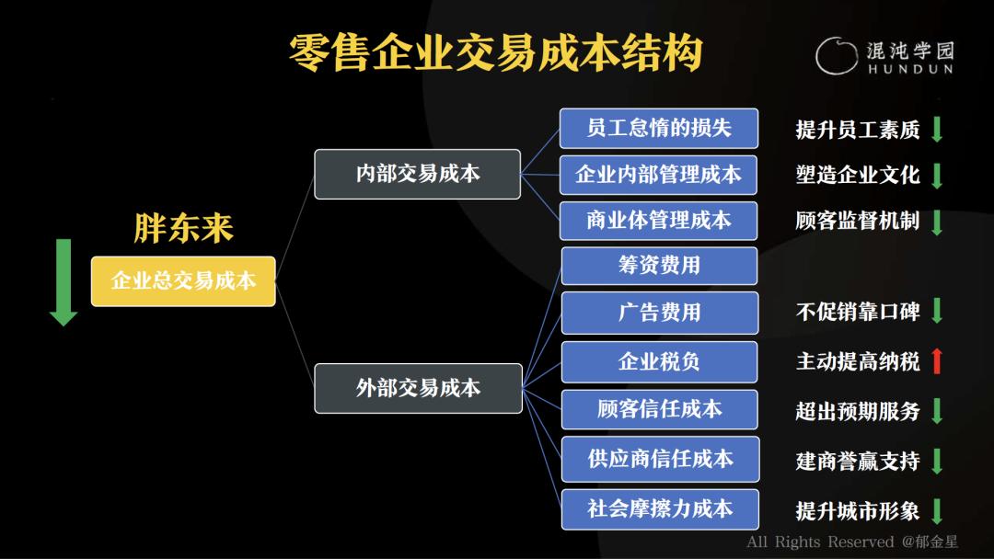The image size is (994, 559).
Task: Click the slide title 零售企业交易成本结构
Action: point(495,52)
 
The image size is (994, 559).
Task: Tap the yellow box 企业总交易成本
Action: point(183,281)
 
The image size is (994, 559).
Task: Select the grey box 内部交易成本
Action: point(417,174)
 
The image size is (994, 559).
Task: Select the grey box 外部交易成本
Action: point(419,388)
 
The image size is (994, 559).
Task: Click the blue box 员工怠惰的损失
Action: point(659,128)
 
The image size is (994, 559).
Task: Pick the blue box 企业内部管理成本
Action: point(658,175)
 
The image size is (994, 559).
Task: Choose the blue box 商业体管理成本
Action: point(658,221)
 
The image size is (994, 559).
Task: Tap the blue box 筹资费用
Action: point(659,266)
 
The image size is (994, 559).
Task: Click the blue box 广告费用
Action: point(659,313)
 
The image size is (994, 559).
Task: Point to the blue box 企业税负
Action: point(659,361)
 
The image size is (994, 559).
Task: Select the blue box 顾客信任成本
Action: point(659,409)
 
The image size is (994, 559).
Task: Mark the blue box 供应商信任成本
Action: point(660,459)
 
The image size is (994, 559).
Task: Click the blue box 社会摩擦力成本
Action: point(660,509)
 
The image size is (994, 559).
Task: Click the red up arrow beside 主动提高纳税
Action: point(937,361)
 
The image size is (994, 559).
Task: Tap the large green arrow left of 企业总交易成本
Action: point(64,282)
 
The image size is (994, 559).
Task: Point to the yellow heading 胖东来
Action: point(184,228)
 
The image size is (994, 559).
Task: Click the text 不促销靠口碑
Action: point(858,312)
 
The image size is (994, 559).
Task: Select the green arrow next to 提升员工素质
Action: point(937,129)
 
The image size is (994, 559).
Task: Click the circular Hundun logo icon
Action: point(836,56)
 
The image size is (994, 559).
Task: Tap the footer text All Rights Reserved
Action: point(820,542)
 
